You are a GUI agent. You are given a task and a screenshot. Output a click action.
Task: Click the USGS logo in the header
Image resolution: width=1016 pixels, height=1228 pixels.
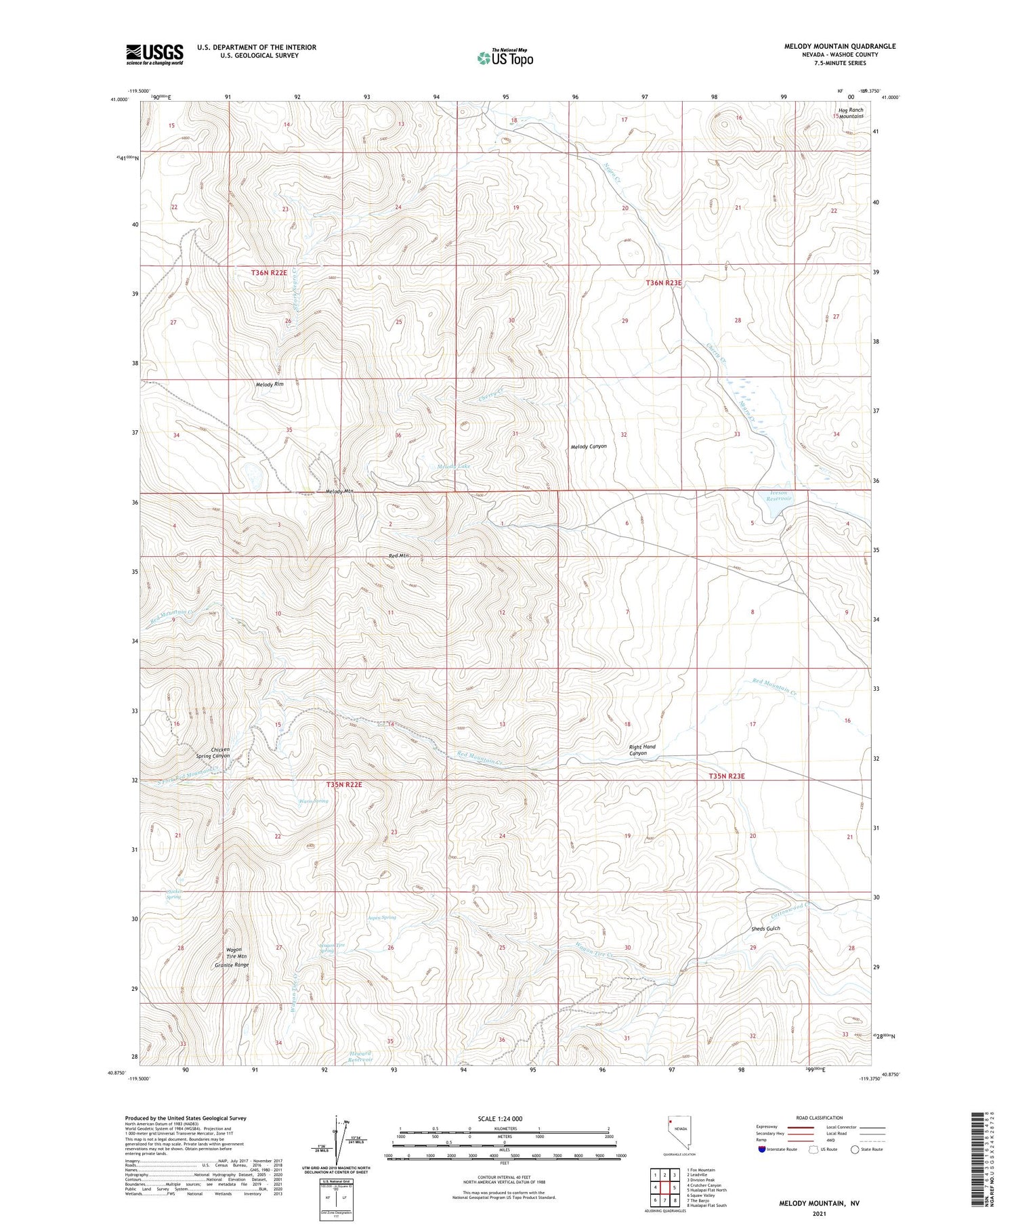pos(154,54)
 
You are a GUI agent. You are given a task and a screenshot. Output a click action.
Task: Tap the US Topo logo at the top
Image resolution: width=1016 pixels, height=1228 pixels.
pos(505,58)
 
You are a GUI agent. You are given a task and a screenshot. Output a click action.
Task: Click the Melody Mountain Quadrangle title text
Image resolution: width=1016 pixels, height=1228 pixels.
pos(839,46)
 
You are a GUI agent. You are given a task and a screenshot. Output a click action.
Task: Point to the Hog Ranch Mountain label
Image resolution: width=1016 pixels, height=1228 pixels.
pos(850,113)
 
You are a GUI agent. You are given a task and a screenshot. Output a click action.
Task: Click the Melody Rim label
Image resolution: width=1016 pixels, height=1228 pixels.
pos(270,385)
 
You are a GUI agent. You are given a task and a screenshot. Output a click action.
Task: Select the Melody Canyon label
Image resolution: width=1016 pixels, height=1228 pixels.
pos(589,446)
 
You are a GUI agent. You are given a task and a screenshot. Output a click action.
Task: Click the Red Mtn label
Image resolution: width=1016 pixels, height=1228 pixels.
pos(399,555)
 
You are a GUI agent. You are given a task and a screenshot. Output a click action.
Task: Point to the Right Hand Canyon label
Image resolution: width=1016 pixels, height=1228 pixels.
pos(642,750)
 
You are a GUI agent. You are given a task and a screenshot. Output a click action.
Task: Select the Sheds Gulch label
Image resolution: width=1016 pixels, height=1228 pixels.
pos(765,929)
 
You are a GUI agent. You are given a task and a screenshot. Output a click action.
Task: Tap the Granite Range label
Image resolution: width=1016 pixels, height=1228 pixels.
pos(232,965)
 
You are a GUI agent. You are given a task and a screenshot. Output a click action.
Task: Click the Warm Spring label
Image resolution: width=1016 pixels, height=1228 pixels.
pos(314,801)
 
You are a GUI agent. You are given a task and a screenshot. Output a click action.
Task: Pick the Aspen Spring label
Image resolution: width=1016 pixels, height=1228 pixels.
pos(381,917)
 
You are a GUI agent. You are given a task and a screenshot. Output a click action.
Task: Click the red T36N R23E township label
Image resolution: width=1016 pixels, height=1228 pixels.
pos(663,283)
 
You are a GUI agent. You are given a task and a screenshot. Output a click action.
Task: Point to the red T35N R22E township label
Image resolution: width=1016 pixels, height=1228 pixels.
pos(344,784)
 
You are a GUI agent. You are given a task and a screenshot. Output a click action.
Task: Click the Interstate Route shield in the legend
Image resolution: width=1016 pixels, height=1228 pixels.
pos(763,1149)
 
